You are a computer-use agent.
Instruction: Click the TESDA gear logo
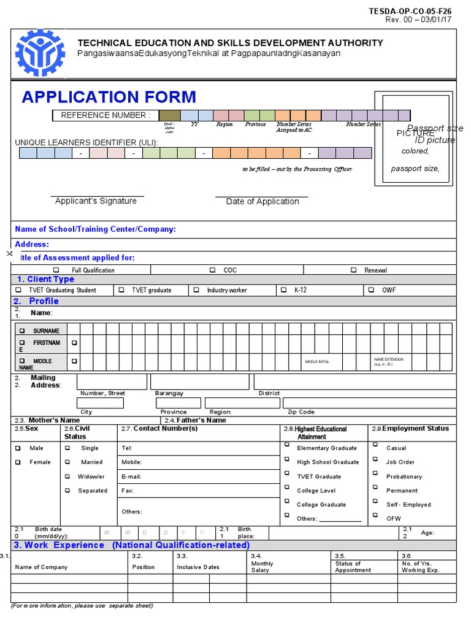click(x=39, y=53)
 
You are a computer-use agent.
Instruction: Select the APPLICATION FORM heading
click(x=109, y=97)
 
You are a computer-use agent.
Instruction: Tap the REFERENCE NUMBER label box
click(x=105, y=115)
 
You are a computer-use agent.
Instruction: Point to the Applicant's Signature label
click(x=96, y=201)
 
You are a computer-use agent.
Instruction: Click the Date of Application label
click(x=262, y=202)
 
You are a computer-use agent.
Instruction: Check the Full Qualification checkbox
click(x=56, y=270)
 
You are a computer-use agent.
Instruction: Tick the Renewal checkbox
click(x=354, y=270)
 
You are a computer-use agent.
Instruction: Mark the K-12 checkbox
click(x=283, y=290)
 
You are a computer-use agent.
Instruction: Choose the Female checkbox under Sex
click(x=18, y=462)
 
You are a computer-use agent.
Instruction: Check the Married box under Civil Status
click(x=67, y=462)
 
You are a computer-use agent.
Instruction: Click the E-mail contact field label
click(x=132, y=477)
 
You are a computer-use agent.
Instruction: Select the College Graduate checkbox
click(x=286, y=503)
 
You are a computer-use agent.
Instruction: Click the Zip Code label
click(x=301, y=412)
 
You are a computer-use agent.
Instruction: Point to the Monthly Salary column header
click(x=262, y=567)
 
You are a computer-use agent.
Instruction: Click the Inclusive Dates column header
click(x=198, y=567)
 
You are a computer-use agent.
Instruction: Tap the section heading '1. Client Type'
click(x=45, y=280)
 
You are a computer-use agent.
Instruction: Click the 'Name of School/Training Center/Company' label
click(x=95, y=229)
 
